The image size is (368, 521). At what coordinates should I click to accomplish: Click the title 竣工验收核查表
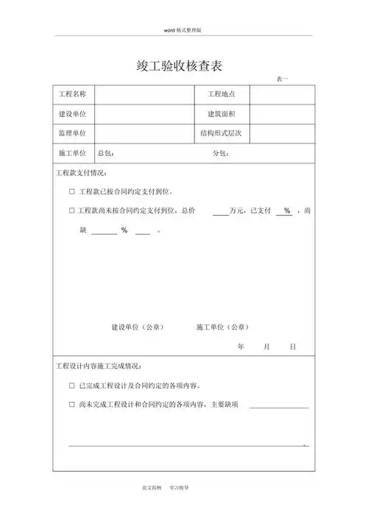184,65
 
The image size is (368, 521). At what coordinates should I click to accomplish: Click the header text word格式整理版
184,29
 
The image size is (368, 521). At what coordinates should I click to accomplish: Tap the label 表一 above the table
283,79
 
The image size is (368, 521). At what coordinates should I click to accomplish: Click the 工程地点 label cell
221,94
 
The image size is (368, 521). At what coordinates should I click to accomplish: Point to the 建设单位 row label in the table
72,114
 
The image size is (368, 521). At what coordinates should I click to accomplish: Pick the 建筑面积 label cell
221,114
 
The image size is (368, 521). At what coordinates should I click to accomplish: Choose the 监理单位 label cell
72,133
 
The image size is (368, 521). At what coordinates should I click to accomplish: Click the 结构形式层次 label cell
221,133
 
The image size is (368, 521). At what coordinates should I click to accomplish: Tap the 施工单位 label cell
72,153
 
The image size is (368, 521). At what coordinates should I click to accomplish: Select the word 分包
219,154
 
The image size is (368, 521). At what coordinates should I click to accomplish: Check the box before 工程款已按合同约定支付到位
71,192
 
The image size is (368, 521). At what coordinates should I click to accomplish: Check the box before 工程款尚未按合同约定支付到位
71,211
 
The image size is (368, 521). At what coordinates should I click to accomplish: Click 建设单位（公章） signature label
137,327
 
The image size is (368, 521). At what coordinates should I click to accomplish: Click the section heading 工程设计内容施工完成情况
99,366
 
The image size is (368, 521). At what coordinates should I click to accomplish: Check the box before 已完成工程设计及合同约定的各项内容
71,385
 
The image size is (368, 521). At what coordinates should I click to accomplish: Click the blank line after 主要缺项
279,406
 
